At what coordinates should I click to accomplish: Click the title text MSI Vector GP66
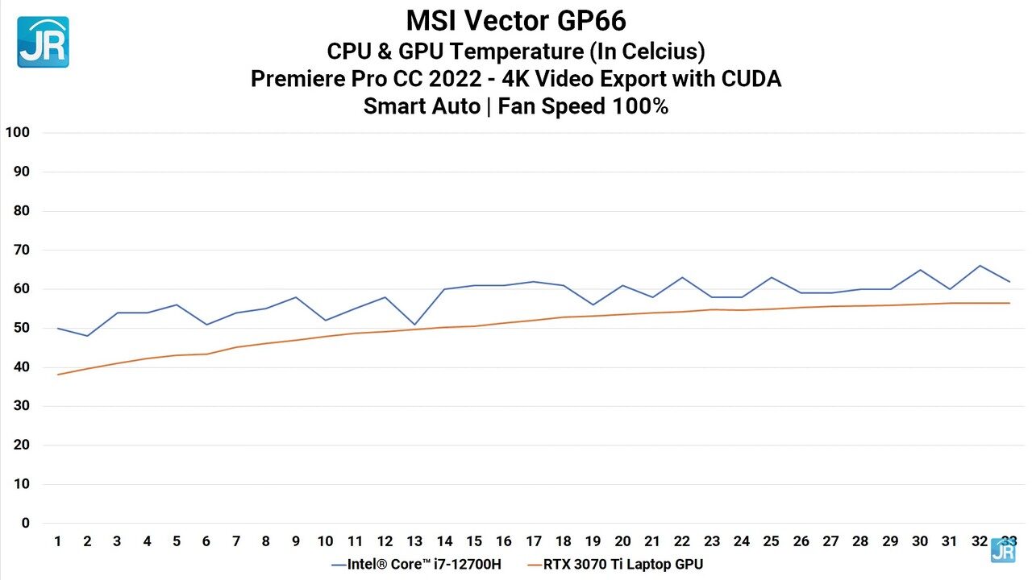pyautogui.click(x=515, y=20)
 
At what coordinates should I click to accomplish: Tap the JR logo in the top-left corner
pyautogui.click(x=43, y=42)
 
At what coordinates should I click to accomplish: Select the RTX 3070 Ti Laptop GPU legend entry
pyautogui.click(x=616, y=564)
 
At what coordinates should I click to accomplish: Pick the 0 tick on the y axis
pyautogui.click(x=25, y=524)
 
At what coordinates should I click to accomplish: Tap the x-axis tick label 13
pyautogui.click(x=414, y=541)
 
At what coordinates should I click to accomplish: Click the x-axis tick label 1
pyautogui.click(x=58, y=541)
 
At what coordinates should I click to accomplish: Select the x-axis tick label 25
pyautogui.click(x=771, y=541)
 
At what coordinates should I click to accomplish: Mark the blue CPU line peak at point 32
pyautogui.click(x=980, y=266)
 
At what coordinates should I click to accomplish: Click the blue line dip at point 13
pyautogui.click(x=414, y=325)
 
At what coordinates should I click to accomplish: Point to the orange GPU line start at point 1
pyautogui.click(x=58, y=375)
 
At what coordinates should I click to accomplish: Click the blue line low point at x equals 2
pyautogui.click(x=87, y=336)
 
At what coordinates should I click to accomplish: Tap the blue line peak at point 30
pyautogui.click(x=920, y=270)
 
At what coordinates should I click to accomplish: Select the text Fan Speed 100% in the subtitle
pyautogui.click(x=583, y=106)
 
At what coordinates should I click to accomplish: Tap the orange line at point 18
pyautogui.click(x=564, y=317)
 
